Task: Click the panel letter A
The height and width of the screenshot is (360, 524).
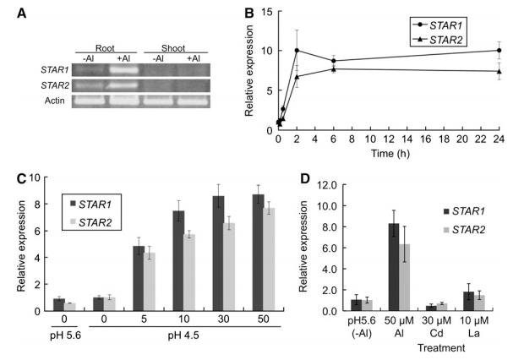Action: [22, 14]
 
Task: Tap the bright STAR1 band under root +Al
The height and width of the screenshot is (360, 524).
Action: [124, 70]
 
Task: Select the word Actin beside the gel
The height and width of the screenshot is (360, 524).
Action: [55, 101]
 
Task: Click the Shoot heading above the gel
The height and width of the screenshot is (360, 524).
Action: [173, 48]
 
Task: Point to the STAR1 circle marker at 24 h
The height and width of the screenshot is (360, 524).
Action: [499, 50]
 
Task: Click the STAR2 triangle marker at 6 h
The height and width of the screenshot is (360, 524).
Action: [333, 68]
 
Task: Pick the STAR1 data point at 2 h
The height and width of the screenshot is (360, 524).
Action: [297, 50]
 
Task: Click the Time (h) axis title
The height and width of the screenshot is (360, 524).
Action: [390, 154]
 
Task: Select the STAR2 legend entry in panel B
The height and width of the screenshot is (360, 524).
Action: [438, 40]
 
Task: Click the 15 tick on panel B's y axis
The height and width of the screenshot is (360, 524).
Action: [268, 12]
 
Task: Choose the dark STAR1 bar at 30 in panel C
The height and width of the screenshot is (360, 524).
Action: [219, 254]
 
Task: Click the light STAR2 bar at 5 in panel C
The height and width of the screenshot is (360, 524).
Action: [150, 281]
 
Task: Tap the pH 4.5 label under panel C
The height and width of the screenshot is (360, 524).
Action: [183, 335]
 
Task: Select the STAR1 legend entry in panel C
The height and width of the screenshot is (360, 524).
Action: [91, 205]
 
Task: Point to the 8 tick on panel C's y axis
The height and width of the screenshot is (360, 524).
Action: [37, 204]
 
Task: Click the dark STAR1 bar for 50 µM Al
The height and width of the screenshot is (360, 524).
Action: [394, 267]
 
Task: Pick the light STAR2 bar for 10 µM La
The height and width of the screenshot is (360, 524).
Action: [479, 303]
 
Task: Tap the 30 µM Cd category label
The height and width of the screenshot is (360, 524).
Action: [436, 327]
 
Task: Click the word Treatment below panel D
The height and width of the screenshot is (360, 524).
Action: [441, 348]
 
